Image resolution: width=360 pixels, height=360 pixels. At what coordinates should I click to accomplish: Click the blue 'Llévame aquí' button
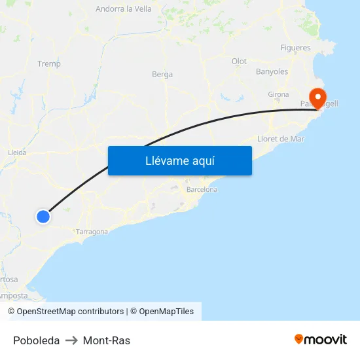179,160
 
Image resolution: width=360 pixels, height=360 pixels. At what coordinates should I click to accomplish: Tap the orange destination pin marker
317,98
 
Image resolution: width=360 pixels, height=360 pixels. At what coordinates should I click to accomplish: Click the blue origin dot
43,216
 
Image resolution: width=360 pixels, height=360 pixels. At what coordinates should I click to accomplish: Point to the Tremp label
49,63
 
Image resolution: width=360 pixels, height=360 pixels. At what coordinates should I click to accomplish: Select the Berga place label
162,75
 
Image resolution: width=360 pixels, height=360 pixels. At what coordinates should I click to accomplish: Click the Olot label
239,62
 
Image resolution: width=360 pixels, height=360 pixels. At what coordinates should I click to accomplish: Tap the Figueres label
295,48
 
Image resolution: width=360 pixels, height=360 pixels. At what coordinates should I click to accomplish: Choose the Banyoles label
272,71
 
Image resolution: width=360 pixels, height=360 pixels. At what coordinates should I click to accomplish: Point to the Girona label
278,94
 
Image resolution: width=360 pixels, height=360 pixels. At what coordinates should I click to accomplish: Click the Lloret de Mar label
281,139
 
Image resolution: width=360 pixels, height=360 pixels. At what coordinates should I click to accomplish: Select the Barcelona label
202,189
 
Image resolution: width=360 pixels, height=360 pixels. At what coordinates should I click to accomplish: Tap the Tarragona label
92,232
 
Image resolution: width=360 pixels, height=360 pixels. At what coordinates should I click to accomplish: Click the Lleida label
17,153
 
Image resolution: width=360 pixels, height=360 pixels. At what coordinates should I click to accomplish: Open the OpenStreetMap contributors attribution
70,312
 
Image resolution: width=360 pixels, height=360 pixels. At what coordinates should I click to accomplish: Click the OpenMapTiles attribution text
166,312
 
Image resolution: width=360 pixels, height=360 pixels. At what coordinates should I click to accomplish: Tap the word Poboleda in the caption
36,340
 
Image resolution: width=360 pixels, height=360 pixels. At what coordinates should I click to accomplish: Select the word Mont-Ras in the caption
107,340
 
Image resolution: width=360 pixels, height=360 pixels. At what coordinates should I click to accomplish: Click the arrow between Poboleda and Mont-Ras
71,340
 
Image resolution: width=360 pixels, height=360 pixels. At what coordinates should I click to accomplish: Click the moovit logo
321,339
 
